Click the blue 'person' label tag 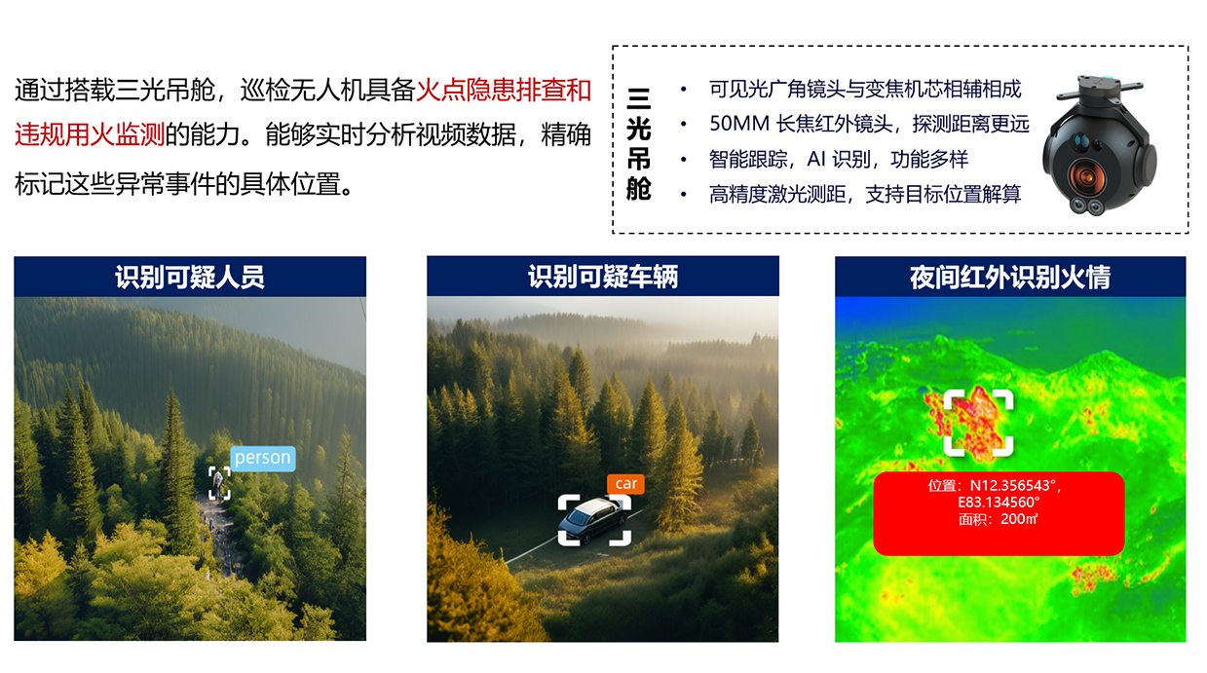point(263,459)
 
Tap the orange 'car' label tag point(625,484)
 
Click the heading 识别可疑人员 point(190,277)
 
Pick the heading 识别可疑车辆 point(603,277)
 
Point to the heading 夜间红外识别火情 point(1010,278)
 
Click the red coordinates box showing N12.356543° point(999,513)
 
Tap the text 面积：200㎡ point(999,519)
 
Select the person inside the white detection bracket point(218,483)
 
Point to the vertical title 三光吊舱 point(639,144)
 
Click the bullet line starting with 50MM point(869,124)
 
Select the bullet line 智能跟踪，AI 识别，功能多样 point(839,159)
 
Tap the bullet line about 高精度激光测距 point(865,194)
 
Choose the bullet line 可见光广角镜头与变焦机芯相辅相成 point(865,89)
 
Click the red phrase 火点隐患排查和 point(504,90)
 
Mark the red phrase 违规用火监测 point(90,134)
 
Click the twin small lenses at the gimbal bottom point(1087,206)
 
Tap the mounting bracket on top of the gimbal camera point(1099,89)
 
